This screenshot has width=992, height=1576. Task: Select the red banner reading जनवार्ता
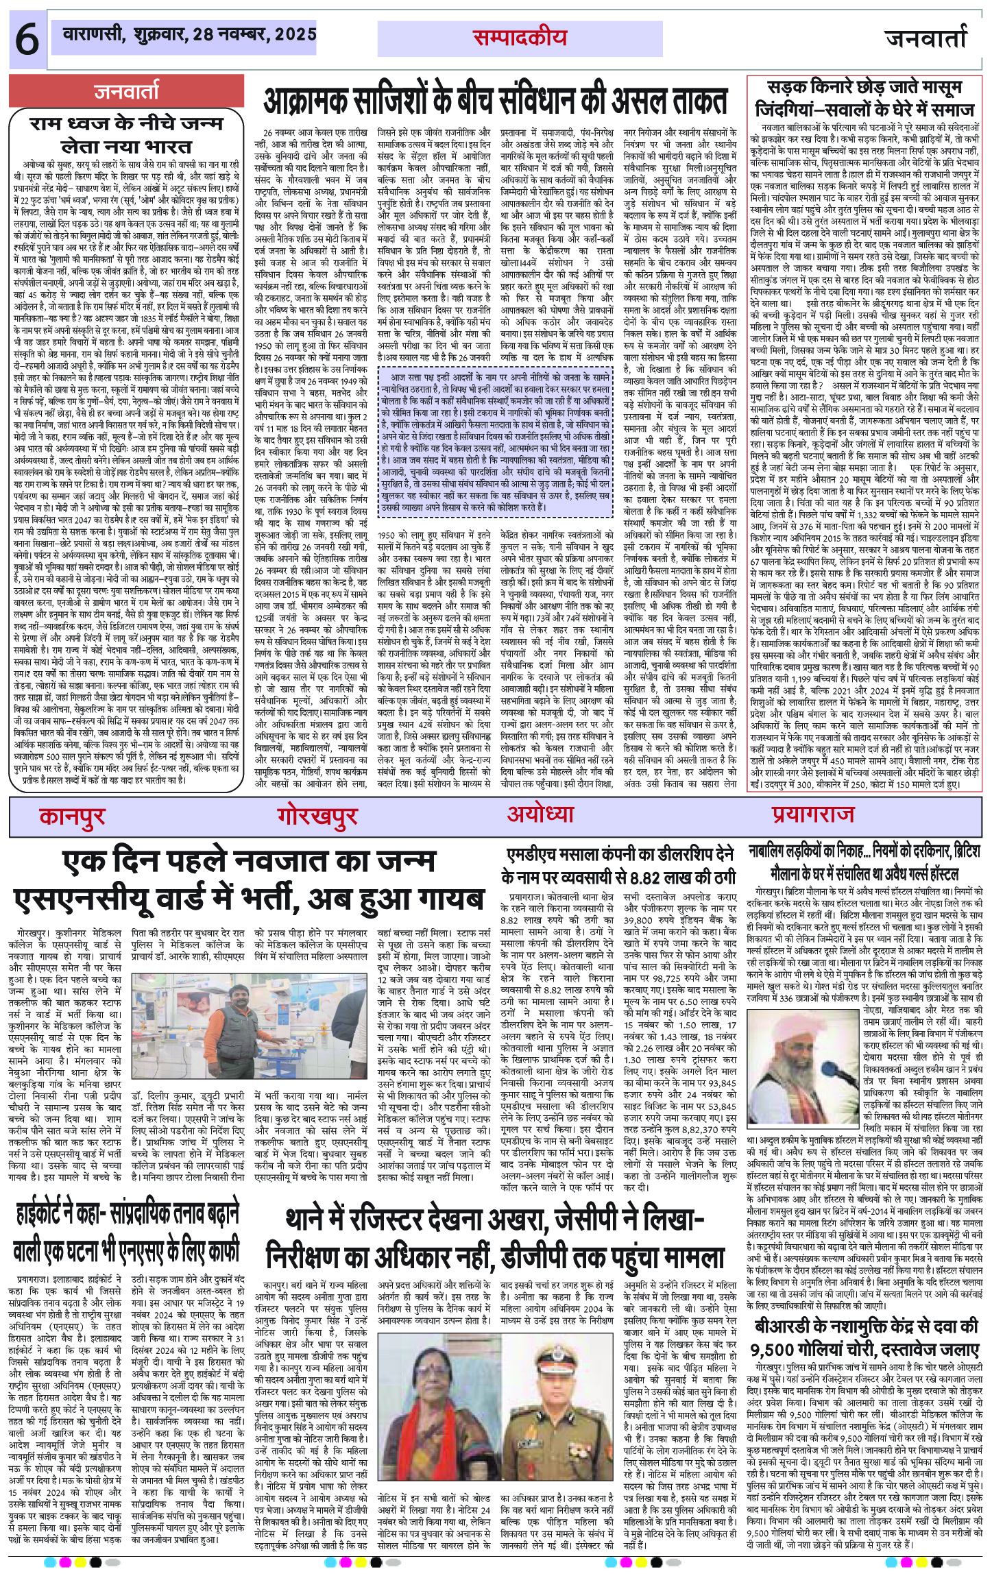[x=126, y=92]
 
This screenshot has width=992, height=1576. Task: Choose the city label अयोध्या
[x=540, y=814]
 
